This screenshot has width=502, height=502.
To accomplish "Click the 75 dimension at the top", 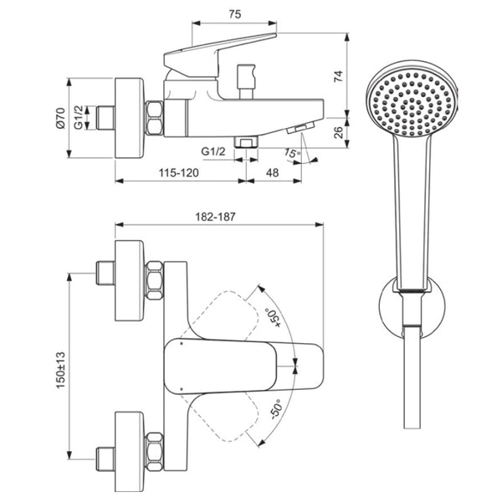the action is [x=234, y=14].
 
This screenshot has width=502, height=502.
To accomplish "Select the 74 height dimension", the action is [x=338, y=76].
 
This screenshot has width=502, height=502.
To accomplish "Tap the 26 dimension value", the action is [x=338, y=132].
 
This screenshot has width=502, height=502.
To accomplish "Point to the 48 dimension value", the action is [x=273, y=173].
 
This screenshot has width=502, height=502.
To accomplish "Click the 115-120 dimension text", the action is [x=179, y=173].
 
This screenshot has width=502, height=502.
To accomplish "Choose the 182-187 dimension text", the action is [x=215, y=217].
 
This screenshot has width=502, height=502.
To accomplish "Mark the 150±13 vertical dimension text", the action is [x=60, y=370].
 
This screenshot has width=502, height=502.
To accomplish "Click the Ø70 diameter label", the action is [x=60, y=118].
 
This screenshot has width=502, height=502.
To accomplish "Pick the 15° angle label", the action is [x=292, y=153].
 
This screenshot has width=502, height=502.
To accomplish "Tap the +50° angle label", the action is [x=273, y=318].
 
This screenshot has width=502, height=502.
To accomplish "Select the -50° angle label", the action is [x=275, y=409].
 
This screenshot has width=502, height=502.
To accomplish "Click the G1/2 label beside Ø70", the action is [x=79, y=117].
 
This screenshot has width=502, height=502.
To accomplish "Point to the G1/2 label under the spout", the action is [x=213, y=151].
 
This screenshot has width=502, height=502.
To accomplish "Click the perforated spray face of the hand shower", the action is [x=412, y=103].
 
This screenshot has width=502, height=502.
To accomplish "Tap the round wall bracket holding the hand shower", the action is [x=412, y=307].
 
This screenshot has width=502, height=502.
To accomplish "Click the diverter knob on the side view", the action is [x=246, y=82].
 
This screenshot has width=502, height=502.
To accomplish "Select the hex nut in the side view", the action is [x=154, y=118].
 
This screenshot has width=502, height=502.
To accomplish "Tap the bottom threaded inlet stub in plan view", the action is [x=105, y=459].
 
